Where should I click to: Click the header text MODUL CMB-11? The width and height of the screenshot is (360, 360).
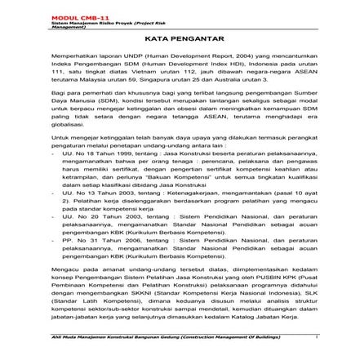(72, 16)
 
